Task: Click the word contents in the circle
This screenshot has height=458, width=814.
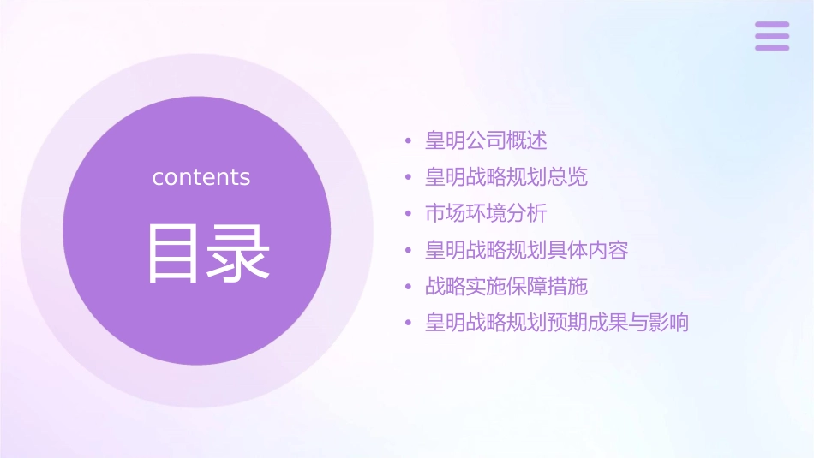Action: [201, 177]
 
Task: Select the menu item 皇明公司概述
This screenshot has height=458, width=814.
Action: [486, 140]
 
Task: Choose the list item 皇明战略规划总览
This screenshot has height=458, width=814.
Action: [506, 177]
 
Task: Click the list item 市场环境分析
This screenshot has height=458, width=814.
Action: [486, 213]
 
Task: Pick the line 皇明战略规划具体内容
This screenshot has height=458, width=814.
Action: [527, 250]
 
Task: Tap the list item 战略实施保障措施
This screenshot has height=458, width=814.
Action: [506, 286]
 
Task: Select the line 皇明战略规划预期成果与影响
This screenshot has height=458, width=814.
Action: [557, 323]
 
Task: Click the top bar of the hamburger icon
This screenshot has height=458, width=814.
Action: [772, 25]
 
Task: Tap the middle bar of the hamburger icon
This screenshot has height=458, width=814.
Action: [772, 36]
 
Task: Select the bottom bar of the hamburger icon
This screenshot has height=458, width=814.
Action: [772, 47]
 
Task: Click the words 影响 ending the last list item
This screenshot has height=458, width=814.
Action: [669, 323]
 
